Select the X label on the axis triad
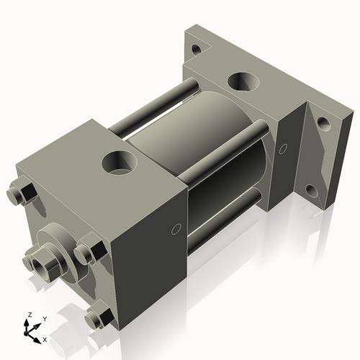[x=45, y=338]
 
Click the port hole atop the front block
[x=117, y=160]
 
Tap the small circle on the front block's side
[x=174, y=230]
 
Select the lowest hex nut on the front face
[x=96, y=318]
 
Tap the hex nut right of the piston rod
[x=86, y=253]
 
